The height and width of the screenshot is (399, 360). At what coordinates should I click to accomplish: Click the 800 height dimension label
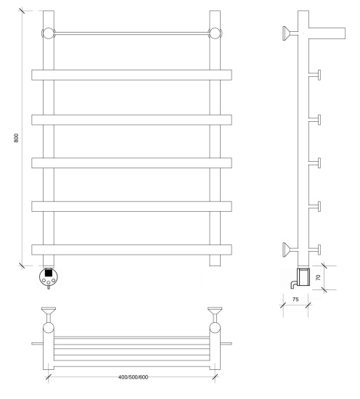point(16,138)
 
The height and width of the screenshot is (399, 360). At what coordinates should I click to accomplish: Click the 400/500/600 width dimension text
point(133,377)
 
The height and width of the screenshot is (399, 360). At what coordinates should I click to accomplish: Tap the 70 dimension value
point(318,277)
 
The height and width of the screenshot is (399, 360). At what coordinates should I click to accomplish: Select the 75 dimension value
point(295,299)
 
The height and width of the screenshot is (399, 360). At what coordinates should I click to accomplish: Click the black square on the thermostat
point(49,273)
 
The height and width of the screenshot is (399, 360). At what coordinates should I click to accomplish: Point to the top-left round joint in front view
point(49,33)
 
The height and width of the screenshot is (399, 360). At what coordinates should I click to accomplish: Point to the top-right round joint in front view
point(215,33)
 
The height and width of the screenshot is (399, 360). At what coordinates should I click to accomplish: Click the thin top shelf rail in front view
point(131,33)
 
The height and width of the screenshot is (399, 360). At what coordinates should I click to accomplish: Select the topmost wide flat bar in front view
point(131,75)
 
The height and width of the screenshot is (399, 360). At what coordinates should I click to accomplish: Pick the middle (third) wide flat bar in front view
point(131,163)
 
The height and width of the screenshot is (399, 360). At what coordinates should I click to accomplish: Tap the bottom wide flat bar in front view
point(131,250)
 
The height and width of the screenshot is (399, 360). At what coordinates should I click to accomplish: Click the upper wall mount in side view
point(290,33)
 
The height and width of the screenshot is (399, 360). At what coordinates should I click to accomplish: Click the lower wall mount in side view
point(290,250)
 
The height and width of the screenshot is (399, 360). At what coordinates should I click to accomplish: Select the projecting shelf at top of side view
point(327,33)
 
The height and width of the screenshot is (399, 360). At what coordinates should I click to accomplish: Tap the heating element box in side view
point(303,276)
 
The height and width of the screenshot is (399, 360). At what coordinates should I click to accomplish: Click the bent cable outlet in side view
point(292,284)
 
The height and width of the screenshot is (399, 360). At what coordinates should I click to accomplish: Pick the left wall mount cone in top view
point(49,311)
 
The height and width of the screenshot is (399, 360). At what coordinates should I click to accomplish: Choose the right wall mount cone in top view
point(215,311)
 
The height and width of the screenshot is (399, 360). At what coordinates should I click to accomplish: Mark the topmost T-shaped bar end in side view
point(315,75)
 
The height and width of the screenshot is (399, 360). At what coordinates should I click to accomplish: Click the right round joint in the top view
point(215,327)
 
